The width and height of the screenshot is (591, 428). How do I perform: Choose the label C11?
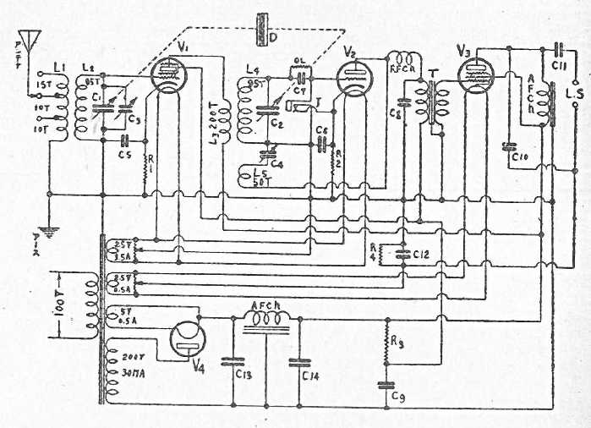pos(559,63)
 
